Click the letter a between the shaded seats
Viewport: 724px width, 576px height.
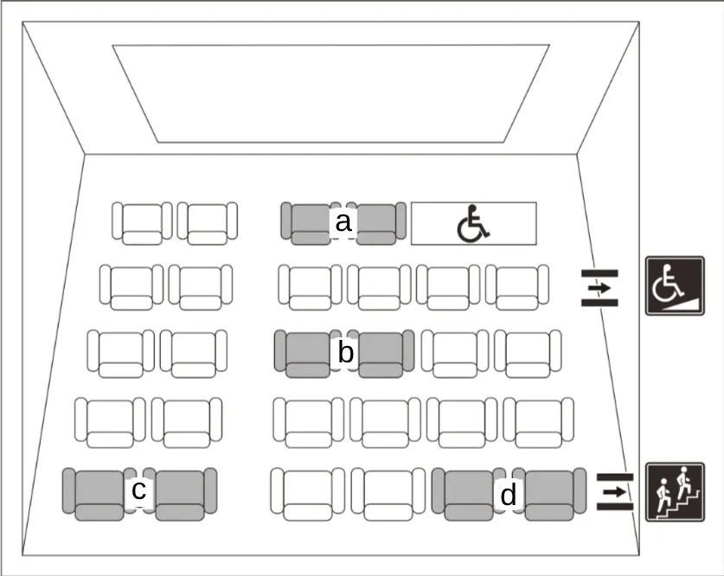pos(343,223)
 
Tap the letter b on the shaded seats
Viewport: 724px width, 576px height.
pos(346,352)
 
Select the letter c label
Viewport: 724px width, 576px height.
pos(138,490)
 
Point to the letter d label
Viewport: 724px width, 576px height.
pos(508,496)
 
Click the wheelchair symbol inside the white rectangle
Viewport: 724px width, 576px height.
pos(473,223)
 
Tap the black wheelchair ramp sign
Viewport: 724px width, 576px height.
pos(675,286)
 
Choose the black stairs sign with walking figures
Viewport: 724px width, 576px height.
pos(675,492)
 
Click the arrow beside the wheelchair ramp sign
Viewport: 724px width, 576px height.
pos(599,288)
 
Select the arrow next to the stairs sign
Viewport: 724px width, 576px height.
pos(615,492)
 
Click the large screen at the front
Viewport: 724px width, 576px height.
pos(330,93)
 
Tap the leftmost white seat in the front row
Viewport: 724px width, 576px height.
pos(142,223)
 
